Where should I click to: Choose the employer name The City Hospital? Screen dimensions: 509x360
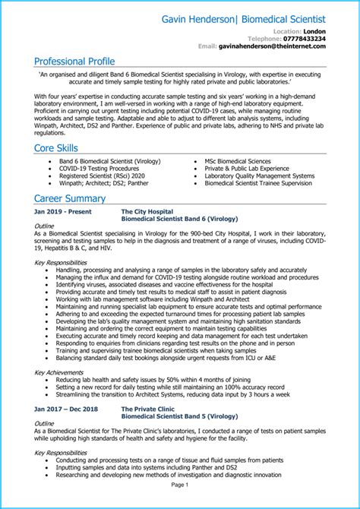coord(147,211)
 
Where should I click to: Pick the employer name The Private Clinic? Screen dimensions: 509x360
coord(149,409)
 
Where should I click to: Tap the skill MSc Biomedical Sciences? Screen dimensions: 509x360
coord(237,161)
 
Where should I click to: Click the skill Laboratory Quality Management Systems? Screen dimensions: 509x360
coord(259,175)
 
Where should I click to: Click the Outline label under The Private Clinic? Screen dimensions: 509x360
coord(45,423)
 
